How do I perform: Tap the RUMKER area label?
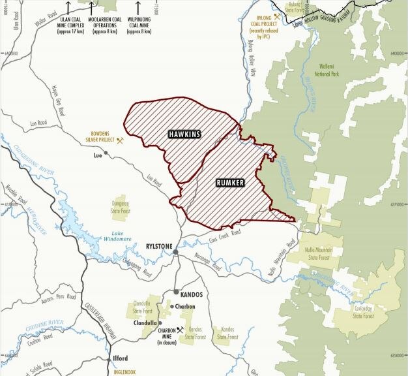click(x=229, y=183)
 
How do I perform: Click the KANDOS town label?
click(x=189, y=294)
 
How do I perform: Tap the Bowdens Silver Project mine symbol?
click(x=119, y=140)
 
